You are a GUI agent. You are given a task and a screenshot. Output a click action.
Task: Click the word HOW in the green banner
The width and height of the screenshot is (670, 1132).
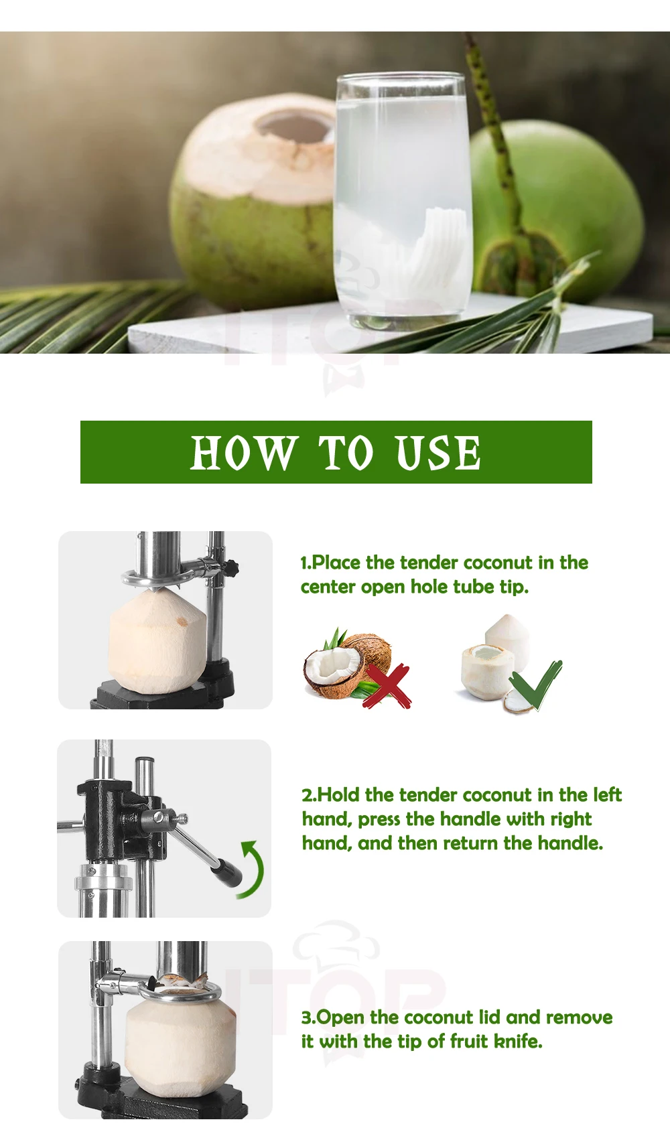point(243,452)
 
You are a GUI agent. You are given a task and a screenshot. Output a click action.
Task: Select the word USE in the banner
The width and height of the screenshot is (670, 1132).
point(438,452)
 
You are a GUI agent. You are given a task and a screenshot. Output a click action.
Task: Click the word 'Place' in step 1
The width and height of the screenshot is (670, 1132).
point(336,563)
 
